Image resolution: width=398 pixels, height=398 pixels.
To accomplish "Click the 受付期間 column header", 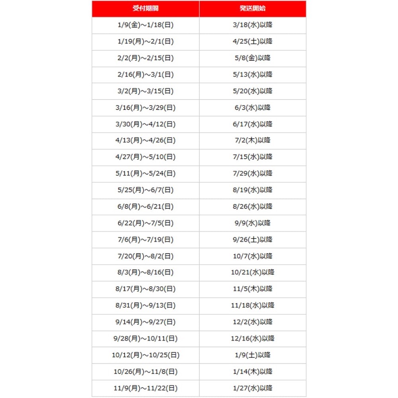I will [145, 8].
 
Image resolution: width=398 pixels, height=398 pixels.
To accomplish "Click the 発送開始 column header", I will [253, 8].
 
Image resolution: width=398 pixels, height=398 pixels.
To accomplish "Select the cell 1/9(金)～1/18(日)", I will [145, 25].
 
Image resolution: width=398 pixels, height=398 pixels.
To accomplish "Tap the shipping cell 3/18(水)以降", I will [253, 25].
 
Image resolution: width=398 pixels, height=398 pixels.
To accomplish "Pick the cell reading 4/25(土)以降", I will [253, 41].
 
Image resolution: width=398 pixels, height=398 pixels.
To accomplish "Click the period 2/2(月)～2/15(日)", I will [145, 58].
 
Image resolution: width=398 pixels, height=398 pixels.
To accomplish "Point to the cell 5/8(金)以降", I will [253, 58].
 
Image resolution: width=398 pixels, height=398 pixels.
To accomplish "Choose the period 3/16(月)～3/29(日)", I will [145, 107].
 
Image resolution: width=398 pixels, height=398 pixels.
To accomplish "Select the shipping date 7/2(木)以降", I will [253, 140].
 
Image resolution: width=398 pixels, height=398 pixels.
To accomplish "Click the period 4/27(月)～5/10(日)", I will [145, 157].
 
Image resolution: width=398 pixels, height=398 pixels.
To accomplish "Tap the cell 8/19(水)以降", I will [253, 190].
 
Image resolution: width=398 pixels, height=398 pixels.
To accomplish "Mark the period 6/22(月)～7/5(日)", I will [145, 223].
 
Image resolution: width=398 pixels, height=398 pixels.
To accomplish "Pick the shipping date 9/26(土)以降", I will [253, 240].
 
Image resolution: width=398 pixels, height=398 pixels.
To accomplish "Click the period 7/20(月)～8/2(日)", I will [145, 256].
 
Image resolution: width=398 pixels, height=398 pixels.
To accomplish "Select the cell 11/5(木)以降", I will [253, 289].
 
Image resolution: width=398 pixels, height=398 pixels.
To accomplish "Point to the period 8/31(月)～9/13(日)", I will [145, 306].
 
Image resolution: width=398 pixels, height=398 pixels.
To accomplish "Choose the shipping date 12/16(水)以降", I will [253, 339].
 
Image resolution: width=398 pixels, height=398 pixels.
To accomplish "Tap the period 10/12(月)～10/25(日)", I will [145, 355].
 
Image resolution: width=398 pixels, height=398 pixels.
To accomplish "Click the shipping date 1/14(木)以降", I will [253, 372].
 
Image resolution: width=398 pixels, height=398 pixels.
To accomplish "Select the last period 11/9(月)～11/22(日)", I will [145, 388].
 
